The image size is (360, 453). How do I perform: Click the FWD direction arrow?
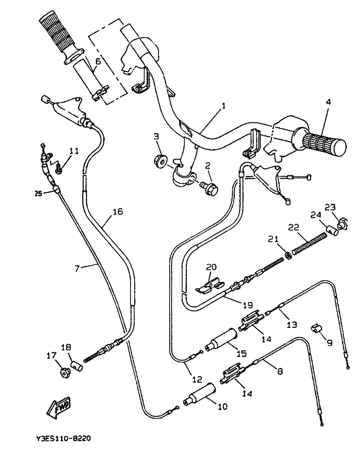[58, 407]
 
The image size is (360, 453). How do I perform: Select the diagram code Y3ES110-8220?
[63, 438]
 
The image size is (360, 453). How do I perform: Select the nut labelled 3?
[160, 160]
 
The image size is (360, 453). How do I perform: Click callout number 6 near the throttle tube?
[97, 62]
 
